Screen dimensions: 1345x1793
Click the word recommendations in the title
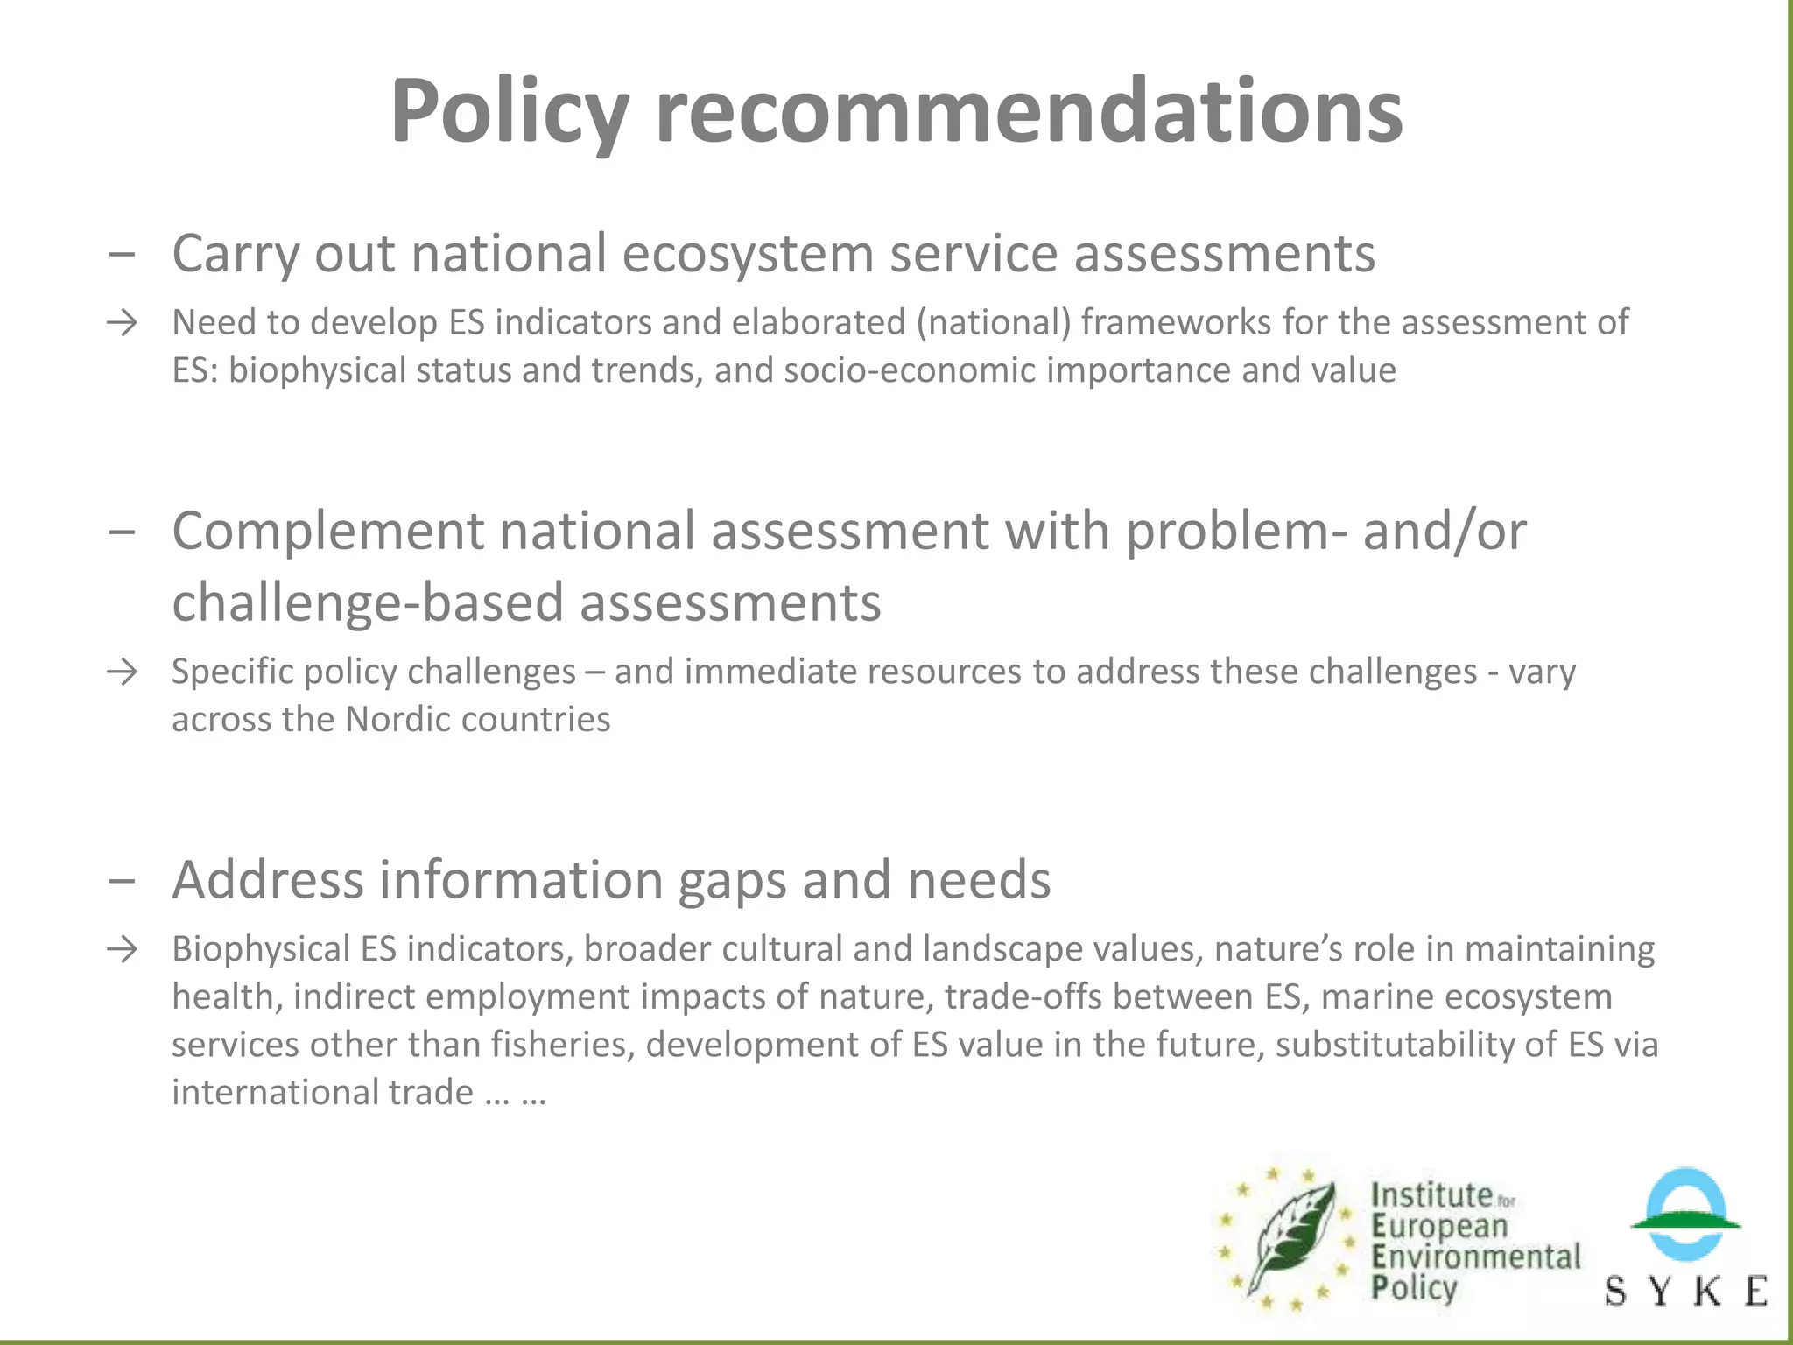pyautogui.click(x=1029, y=112)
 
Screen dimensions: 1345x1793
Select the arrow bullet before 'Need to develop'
pyautogui.click(x=123, y=323)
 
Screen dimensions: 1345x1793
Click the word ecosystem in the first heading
pyautogui.click(x=748, y=255)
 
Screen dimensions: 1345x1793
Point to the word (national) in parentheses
pyautogui.click(x=994, y=323)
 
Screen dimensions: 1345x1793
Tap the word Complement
pyautogui.click(x=327, y=532)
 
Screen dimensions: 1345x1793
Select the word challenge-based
pyautogui.click(x=368, y=603)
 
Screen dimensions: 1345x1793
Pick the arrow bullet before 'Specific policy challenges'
pyautogui.click(x=123, y=672)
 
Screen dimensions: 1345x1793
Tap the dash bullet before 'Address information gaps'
pyautogui.click(x=123, y=881)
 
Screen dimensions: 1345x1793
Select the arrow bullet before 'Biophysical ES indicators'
pyautogui.click(x=123, y=950)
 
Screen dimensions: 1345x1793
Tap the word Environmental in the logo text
pyautogui.click(x=1476, y=1257)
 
